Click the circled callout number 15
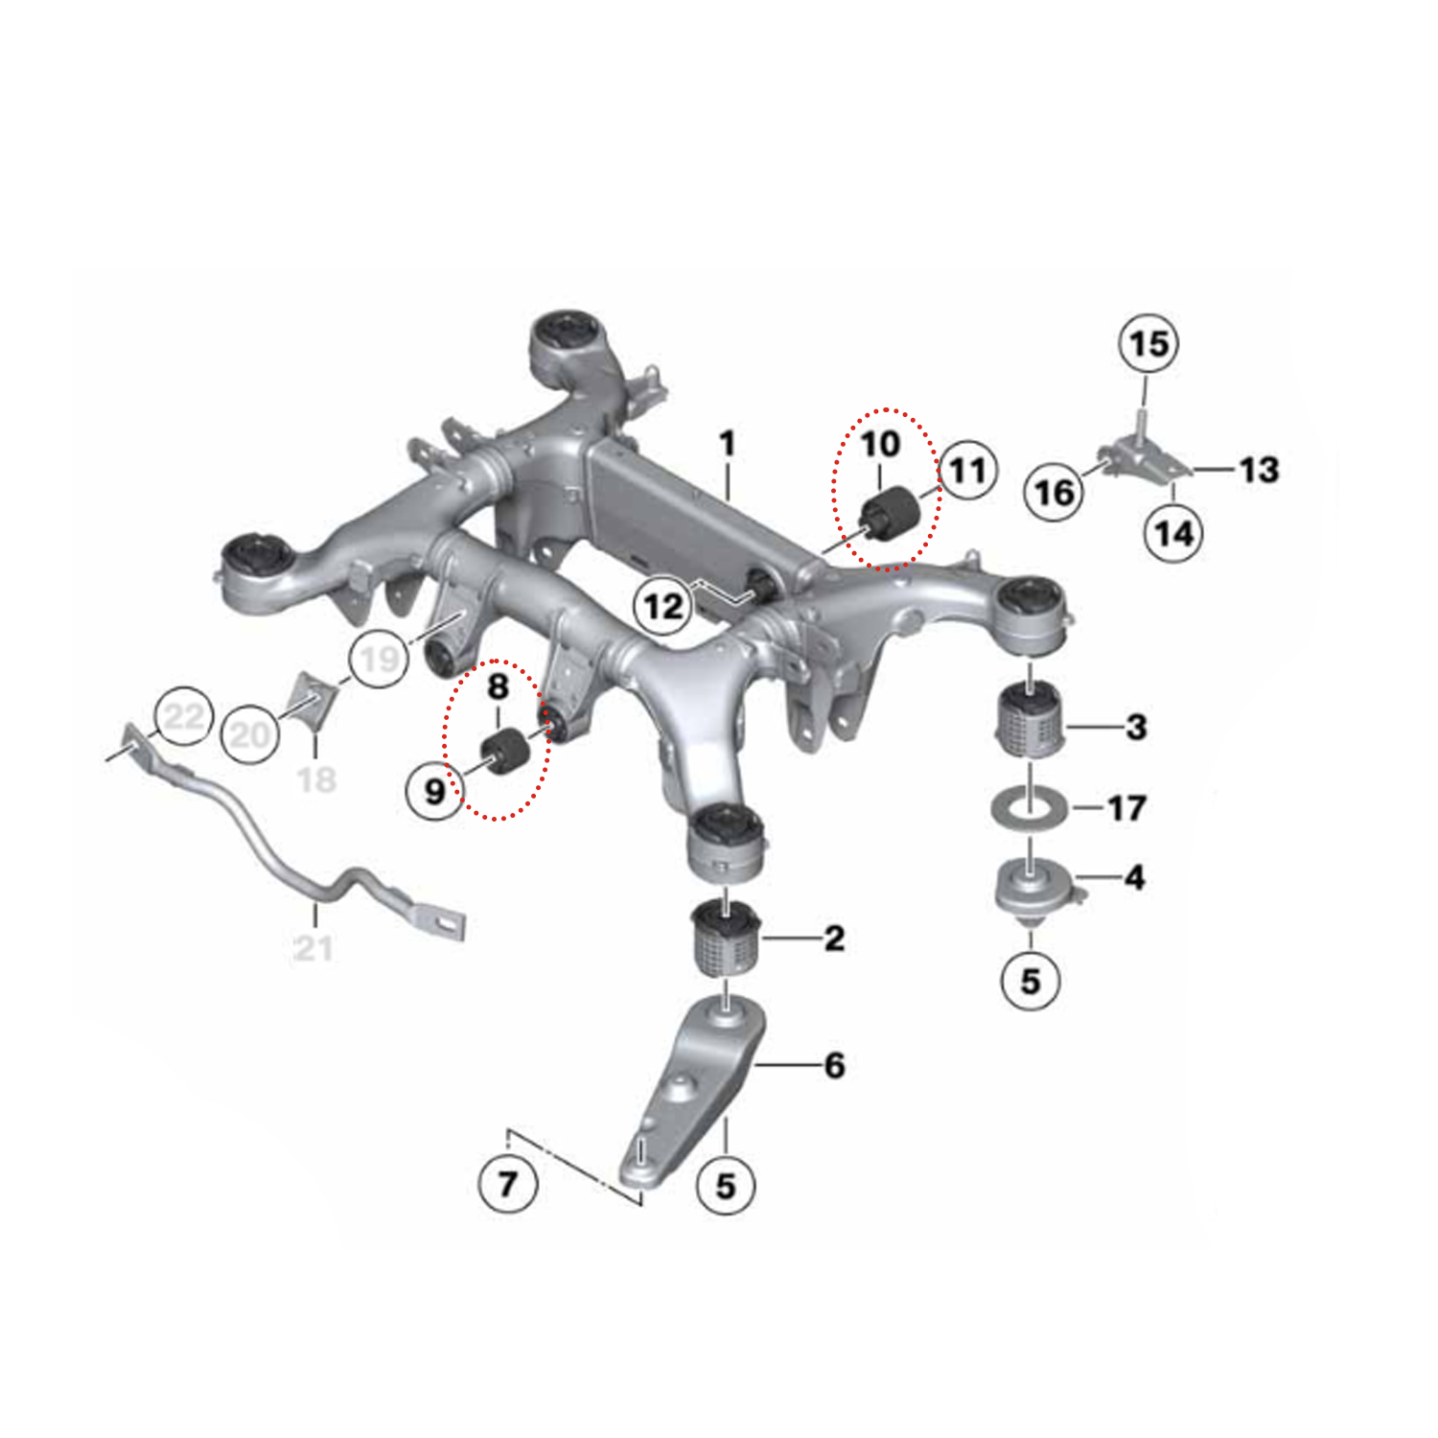[1148, 344]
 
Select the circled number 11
[967, 470]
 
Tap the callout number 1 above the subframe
[728, 443]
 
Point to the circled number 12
[663, 606]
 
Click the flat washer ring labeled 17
[1030, 808]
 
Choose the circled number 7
[507, 1184]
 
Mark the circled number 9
[434, 791]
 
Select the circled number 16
[1055, 492]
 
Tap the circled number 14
[1173, 533]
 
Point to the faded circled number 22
[184, 716]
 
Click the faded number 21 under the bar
[313, 948]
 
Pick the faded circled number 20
[250, 734]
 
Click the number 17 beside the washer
[1126, 808]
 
